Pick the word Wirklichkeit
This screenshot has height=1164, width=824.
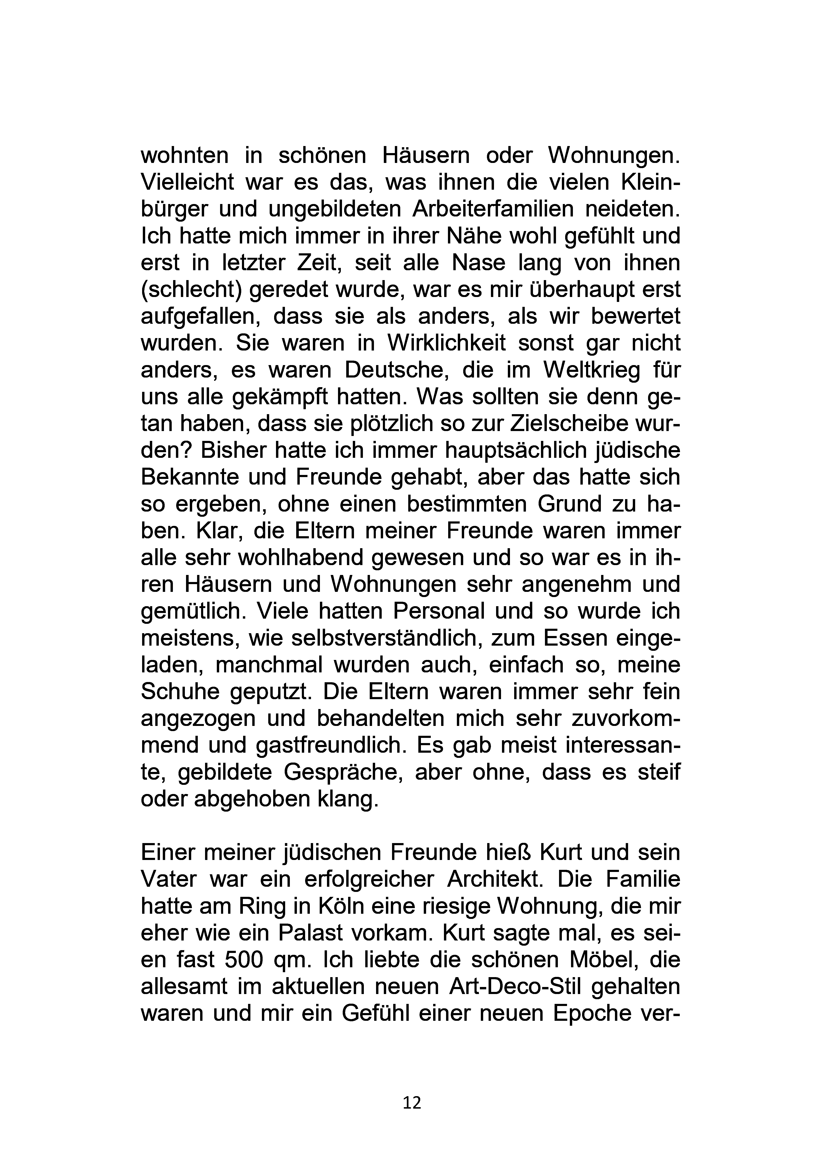click(x=447, y=343)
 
